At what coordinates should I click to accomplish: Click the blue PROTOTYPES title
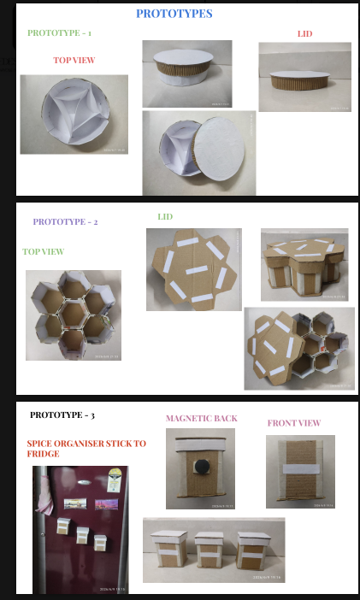pyautogui.click(x=174, y=14)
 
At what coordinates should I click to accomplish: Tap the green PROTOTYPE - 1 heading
pyautogui.click(x=59, y=33)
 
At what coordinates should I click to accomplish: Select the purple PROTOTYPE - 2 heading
pyautogui.click(x=65, y=221)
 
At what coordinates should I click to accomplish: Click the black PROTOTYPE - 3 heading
pyautogui.click(x=62, y=415)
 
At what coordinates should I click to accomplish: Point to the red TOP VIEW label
pyautogui.click(x=74, y=60)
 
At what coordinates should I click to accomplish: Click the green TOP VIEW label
pyautogui.click(x=44, y=251)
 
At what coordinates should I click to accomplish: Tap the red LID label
pyautogui.click(x=305, y=33)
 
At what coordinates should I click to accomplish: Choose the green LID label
pyautogui.click(x=165, y=216)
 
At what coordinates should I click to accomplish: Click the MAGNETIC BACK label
pyautogui.click(x=202, y=418)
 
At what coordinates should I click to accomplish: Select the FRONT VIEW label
pyautogui.click(x=294, y=423)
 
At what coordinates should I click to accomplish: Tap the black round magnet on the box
pyautogui.click(x=201, y=466)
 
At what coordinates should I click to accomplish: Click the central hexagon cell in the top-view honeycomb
pyautogui.click(x=73, y=315)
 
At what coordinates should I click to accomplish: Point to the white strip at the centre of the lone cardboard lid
pyautogui.click(x=197, y=270)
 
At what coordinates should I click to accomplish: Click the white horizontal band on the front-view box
pyautogui.click(x=301, y=468)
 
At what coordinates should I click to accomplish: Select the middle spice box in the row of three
pyautogui.click(x=209, y=550)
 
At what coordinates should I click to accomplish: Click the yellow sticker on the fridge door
pyautogui.click(x=115, y=479)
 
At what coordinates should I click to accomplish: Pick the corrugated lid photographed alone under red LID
pyautogui.click(x=300, y=80)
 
